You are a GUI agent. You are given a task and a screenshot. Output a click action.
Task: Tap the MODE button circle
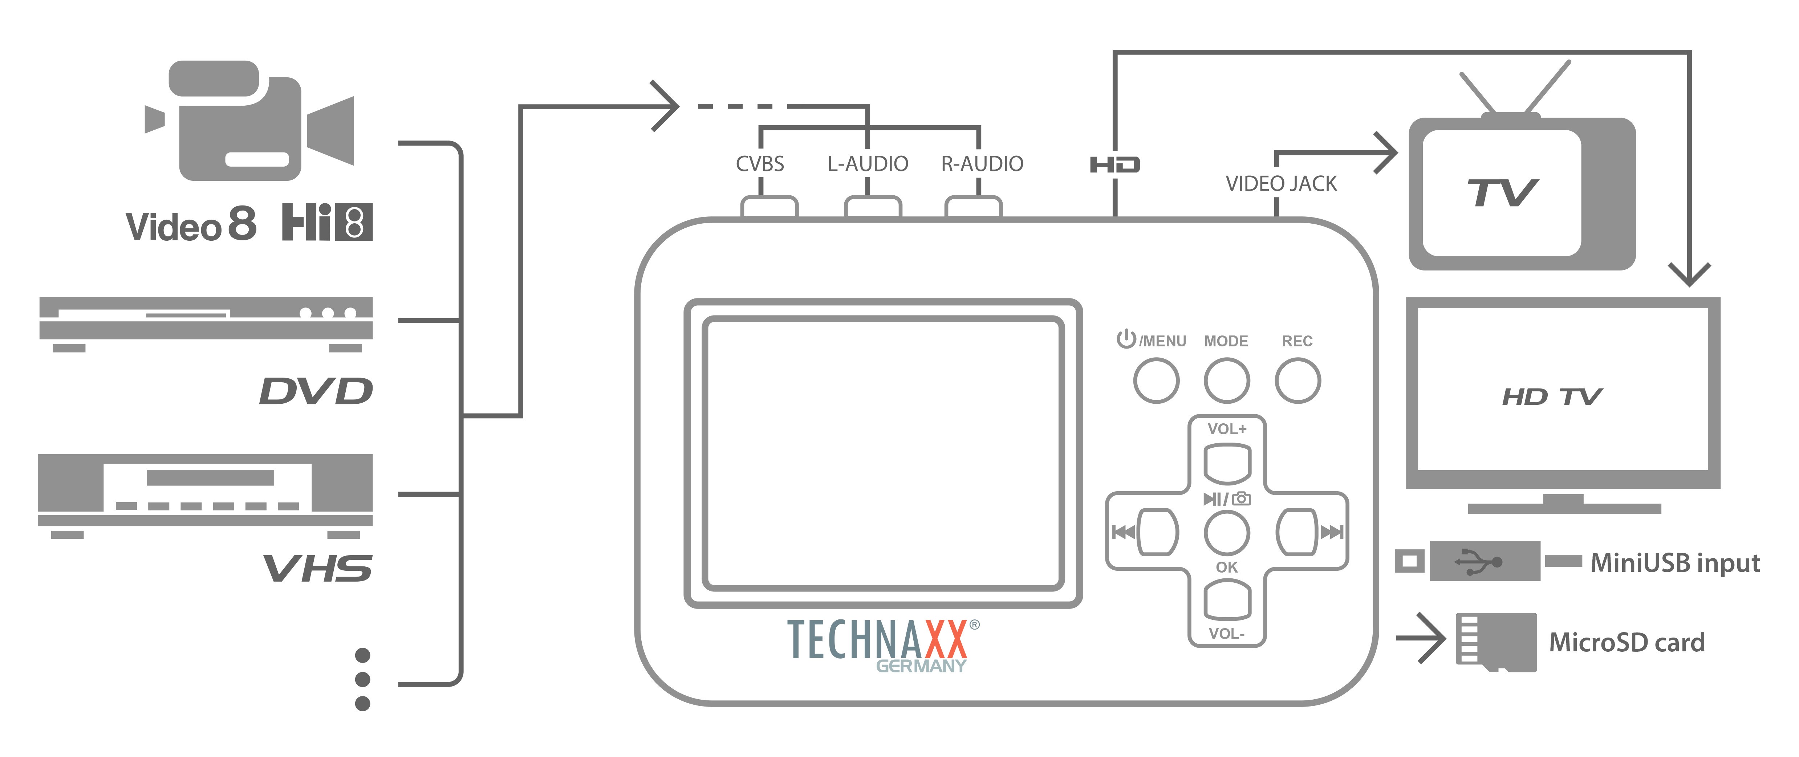pos(1226,380)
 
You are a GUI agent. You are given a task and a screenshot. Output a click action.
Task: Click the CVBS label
pos(760,164)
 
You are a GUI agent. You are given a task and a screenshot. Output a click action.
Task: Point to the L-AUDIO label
pos(868,164)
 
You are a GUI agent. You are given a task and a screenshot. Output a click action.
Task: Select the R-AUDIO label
pos(982,164)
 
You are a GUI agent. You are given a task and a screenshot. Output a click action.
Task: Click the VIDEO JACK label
pos(1281,184)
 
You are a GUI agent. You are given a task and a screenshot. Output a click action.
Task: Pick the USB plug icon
pos(1484,561)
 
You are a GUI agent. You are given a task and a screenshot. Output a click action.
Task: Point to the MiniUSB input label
pos(1675,563)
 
